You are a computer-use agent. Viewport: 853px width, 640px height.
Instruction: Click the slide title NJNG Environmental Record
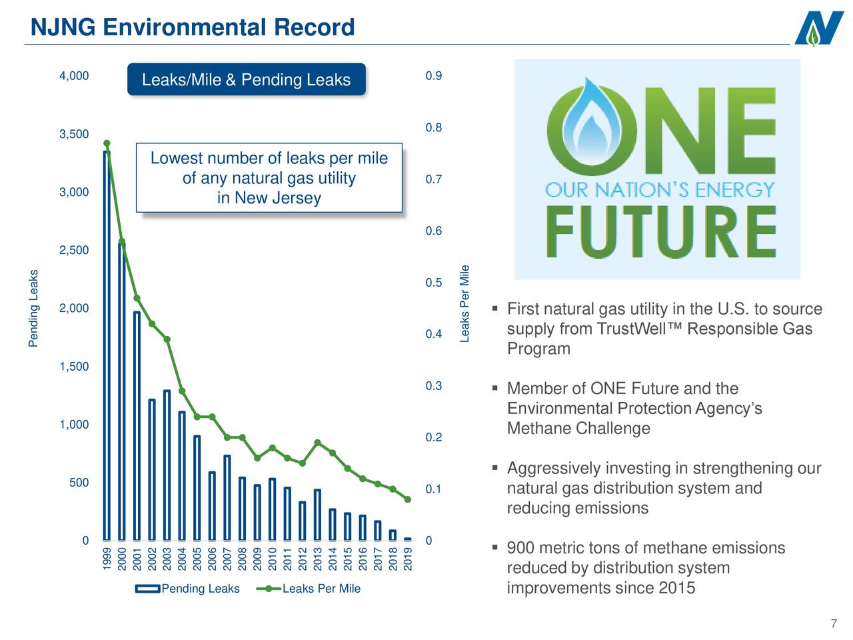pyautogui.click(x=193, y=27)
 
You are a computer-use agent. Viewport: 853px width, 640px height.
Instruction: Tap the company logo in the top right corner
pyautogui.click(x=819, y=29)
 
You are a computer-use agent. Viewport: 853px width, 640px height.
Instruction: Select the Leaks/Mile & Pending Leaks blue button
pyautogui.click(x=246, y=80)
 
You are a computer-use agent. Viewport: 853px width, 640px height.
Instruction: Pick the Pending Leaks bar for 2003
pyautogui.click(x=167, y=467)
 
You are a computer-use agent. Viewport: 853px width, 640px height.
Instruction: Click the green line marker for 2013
pyautogui.click(x=318, y=443)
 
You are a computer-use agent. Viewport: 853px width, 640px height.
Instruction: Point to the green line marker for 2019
pyautogui.click(x=408, y=499)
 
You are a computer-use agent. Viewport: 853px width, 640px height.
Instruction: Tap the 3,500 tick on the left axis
pyautogui.click(x=74, y=134)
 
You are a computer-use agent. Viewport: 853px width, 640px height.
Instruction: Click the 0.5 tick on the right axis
pyautogui.click(x=433, y=283)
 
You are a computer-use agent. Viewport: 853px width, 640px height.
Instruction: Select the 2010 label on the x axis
pyautogui.click(x=273, y=559)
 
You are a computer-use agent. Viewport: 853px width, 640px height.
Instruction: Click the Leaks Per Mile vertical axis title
pyautogui.click(x=465, y=304)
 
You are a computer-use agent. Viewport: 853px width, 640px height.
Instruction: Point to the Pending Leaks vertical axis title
pyautogui.click(x=33, y=308)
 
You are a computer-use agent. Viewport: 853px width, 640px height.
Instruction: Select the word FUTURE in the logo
pyautogui.click(x=661, y=233)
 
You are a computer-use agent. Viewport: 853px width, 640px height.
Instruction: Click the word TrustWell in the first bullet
pyautogui.click(x=639, y=329)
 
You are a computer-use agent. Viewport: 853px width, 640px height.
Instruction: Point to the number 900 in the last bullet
pyautogui.click(x=520, y=549)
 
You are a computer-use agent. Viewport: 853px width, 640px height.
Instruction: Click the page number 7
pyautogui.click(x=833, y=624)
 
